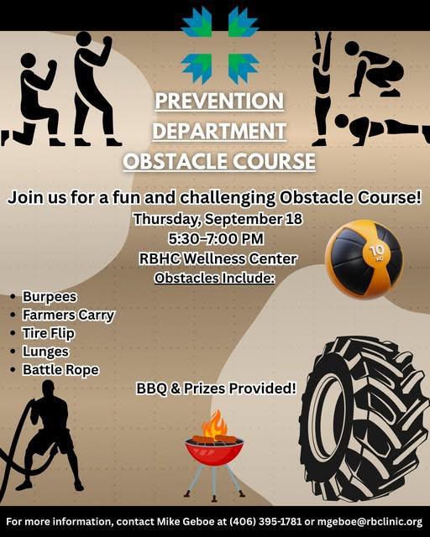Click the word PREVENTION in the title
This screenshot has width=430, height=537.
tap(220, 102)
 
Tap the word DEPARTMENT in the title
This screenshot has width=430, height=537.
tap(220, 132)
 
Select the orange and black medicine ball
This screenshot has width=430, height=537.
tap(364, 258)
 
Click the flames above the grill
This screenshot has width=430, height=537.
tap(215, 423)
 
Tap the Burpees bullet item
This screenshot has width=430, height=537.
tap(50, 297)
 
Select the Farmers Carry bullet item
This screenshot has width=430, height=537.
tap(68, 315)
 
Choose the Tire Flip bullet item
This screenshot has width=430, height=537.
tap(51, 333)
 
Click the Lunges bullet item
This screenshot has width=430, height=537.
tap(45, 352)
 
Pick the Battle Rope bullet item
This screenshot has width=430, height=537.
tap(60, 369)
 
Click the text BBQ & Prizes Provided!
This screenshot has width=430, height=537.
tap(217, 388)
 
